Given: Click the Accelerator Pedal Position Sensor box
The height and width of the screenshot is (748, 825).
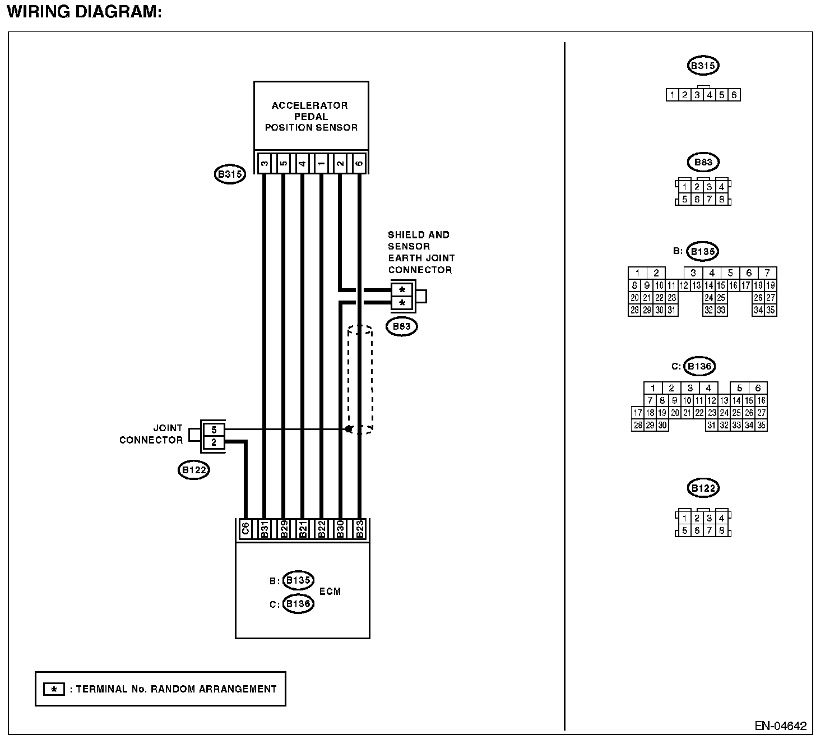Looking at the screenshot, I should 311,116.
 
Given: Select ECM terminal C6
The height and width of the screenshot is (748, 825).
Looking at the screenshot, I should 245,529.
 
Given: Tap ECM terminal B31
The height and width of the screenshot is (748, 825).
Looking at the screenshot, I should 264,529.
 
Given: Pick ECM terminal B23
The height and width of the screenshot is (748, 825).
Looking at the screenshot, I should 360,529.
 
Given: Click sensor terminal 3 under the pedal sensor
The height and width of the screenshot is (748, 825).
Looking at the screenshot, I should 264,164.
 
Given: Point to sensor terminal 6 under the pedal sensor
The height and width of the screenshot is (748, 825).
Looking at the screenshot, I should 359,164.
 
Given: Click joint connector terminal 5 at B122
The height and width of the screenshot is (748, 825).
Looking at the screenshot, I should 214,430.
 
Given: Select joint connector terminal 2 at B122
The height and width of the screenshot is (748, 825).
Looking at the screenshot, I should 214,443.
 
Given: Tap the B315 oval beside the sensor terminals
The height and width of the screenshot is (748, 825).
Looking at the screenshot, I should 230,174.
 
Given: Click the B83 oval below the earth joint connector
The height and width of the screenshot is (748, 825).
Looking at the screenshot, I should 402,326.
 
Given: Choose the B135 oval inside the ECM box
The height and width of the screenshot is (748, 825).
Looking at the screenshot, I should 298,580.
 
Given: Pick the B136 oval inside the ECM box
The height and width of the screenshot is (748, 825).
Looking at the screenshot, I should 298,604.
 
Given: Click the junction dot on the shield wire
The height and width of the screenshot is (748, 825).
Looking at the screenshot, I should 348,430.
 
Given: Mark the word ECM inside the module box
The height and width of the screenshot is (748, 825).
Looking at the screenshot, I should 330,592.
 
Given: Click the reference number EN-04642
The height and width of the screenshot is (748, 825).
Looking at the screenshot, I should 780,726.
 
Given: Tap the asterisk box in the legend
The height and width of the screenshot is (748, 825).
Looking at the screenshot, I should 54,689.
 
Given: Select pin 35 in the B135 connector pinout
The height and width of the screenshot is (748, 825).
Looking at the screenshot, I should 771,310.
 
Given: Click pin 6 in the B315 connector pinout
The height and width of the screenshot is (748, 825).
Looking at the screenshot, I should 734,95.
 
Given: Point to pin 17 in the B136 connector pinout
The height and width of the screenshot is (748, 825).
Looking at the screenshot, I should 637,413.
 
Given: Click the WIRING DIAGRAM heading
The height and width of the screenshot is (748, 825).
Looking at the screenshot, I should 84,12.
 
